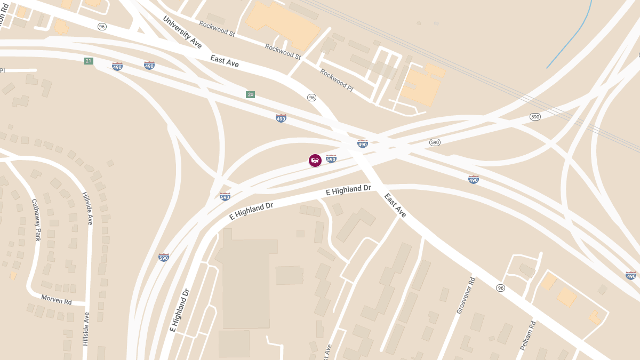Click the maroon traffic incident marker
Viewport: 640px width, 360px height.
pyautogui.click(x=315, y=160)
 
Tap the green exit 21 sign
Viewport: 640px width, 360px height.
pyautogui.click(x=89, y=61)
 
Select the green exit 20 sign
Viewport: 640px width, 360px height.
pyautogui.click(x=250, y=94)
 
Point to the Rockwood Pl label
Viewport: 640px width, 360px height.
pyautogui.click(x=337, y=80)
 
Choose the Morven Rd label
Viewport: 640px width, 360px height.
pyautogui.click(x=57, y=301)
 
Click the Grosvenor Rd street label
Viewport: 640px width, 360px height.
pyautogui.click(x=465, y=295)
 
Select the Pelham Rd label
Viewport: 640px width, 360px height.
pyautogui.click(x=528, y=335)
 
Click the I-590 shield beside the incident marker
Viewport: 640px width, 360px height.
pyautogui.click(x=331, y=158)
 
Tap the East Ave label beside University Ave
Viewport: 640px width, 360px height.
pyautogui.click(x=224, y=61)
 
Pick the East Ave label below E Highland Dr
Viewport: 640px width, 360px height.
pyautogui.click(x=395, y=205)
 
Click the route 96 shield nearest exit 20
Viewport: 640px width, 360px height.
pyautogui.click(x=312, y=98)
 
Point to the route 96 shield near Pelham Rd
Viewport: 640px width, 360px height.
pyautogui.click(x=500, y=288)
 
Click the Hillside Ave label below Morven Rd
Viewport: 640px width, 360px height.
pyautogui.click(x=86, y=329)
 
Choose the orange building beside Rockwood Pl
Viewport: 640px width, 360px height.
pyautogui.click(x=421, y=85)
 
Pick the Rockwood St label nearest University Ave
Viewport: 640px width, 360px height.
pyautogui.click(x=217, y=29)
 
